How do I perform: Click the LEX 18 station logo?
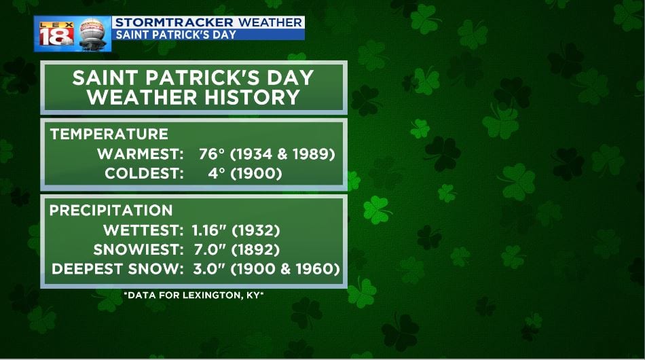tap(56, 34)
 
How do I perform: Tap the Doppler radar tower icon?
tap(92, 34)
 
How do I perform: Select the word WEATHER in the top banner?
tap(270, 22)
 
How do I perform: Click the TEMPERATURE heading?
tap(109, 134)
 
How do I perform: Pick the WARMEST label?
tap(141, 154)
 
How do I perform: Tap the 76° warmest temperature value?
tap(212, 154)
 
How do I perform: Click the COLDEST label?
tap(144, 173)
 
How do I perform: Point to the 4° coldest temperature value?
tap(217, 173)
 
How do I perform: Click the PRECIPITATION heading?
tap(111, 211)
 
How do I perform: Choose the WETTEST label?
tap(143, 230)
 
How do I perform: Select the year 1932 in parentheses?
tap(256, 230)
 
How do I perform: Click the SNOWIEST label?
tap(139, 249)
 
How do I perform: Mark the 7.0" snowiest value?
tap(209, 249)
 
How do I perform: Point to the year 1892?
tap(256, 249)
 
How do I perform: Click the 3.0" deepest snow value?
tap(209, 269)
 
